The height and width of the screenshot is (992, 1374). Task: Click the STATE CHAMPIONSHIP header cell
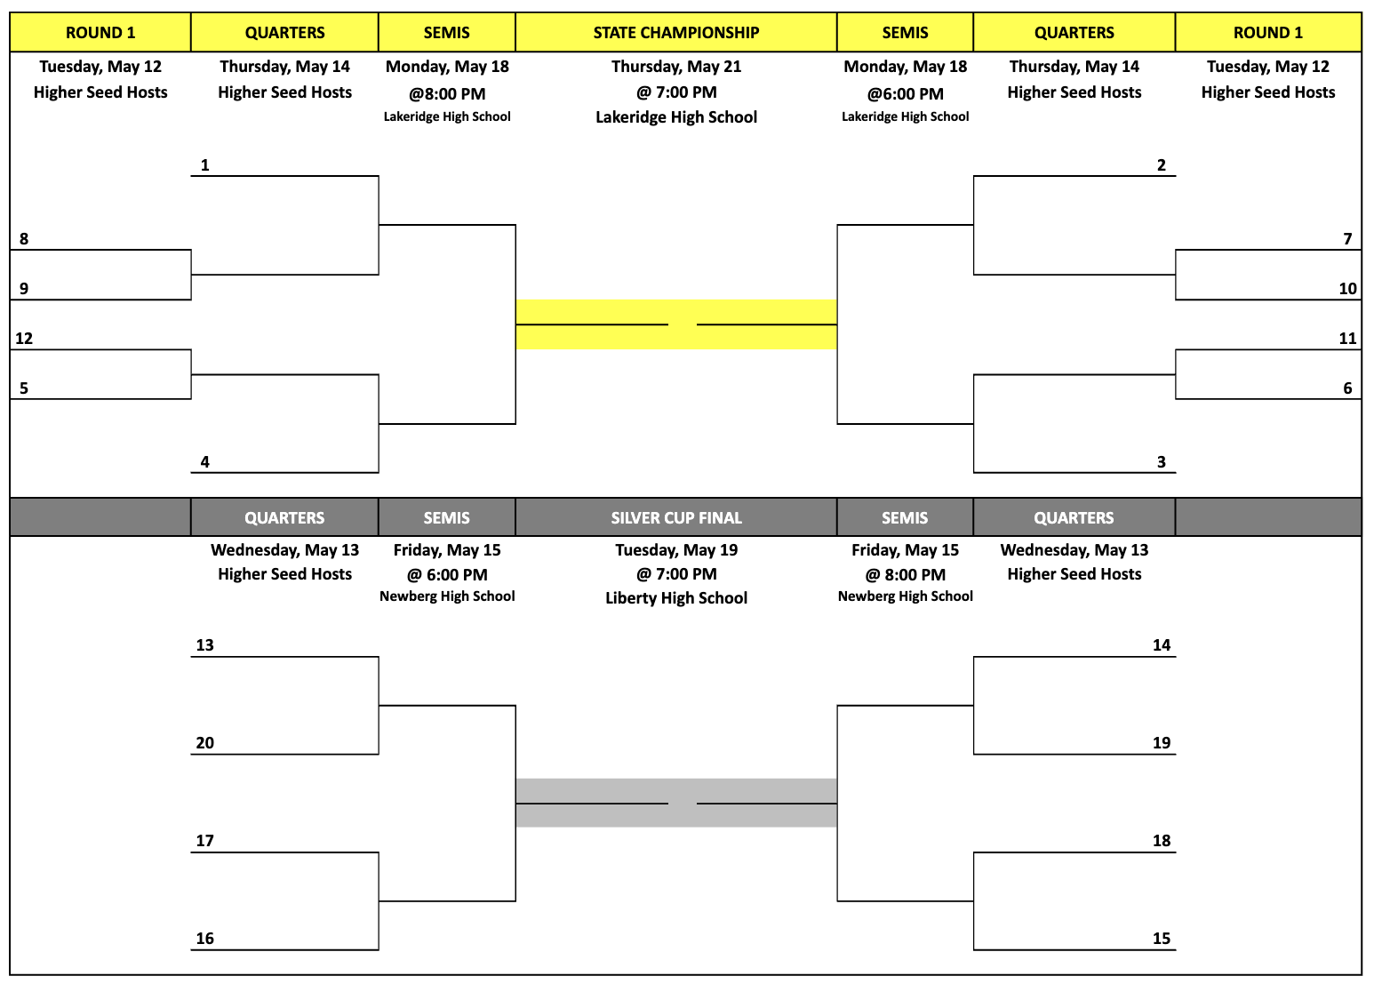[x=676, y=33]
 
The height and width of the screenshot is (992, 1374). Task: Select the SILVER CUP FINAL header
[x=676, y=518]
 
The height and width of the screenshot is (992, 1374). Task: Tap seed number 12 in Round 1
[x=24, y=338]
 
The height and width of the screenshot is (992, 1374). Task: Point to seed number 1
[x=205, y=165]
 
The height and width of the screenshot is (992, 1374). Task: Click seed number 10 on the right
[x=1347, y=288]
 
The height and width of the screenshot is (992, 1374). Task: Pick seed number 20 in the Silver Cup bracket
[x=205, y=743]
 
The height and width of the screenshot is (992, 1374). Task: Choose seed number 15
[x=1162, y=938]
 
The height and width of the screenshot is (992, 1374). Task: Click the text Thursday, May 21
[x=676, y=67]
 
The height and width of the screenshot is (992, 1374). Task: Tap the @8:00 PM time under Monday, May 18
[x=447, y=94]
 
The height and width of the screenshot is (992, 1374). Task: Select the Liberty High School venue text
[x=676, y=598]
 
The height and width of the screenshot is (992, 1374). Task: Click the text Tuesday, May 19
[x=676, y=549]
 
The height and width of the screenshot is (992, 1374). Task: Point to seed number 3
[x=1162, y=462]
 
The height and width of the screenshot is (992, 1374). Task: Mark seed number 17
[x=205, y=841]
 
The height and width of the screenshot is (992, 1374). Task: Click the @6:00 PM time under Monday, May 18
[x=906, y=94]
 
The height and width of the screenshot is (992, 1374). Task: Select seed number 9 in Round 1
[x=24, y=288]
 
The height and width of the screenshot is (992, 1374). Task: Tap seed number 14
[x=1162, y=644]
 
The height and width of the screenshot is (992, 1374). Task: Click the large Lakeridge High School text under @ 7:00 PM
[x=676, y=117]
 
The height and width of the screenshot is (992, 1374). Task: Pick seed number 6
[x=1347, y=388]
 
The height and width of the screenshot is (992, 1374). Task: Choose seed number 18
[x=1162, y=841]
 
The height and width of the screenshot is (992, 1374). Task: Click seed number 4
[x=205, y=462]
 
